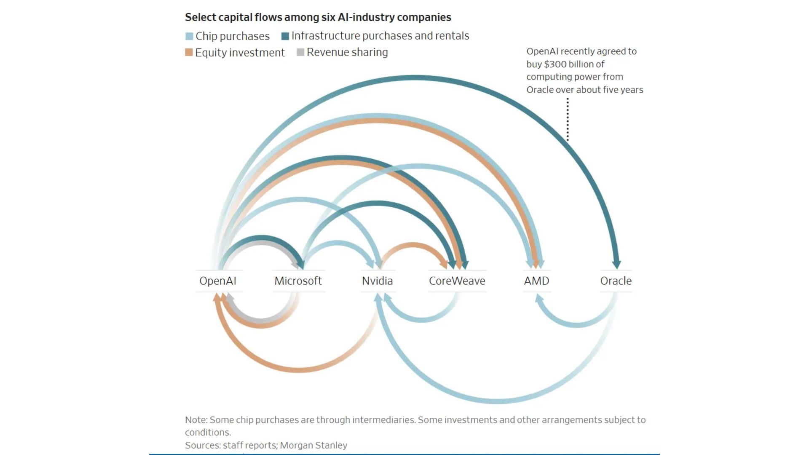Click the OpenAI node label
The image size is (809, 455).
pyautogui.click(x=217, y=281)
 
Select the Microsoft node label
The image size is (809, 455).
pyautogui.click(x=298, y=281)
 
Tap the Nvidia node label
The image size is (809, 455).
pyautogui.click(x=377, y=281)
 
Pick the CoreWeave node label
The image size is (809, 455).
pyautogui.click(x=457, y=281)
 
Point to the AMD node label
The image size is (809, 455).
pyautogui.click(x=536, y=281)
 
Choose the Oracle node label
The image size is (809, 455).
pyautogui.click(x=616, y=281)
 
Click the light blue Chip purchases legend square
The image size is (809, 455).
pyautogui.click(x=189, y=36)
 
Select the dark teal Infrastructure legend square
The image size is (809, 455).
pyautogui.click(x=285, y=36)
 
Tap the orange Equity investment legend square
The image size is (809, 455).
pyautogui.click(x=189, y=52)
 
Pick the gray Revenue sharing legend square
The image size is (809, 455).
pyautogui.click(x=300, y=52)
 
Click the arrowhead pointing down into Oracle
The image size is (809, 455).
pyautogui.click(x=616, y=264)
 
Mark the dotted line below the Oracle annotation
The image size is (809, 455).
pyautogui.click(x=568, y=120)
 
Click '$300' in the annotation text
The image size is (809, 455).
pyautogui.click(x=555, y=64)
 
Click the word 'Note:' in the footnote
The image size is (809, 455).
pyautogui.click(x=196, y=420)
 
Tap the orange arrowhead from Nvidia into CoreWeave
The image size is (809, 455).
pyautogui.click(x=444, y=264)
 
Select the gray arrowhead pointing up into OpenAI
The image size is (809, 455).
pyautogui.click(x=230, y=298)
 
